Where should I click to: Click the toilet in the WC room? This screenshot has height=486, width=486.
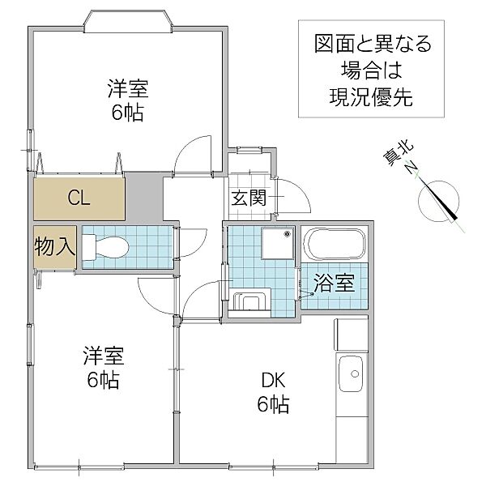click(105, 247)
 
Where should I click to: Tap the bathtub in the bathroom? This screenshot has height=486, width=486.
click(334, 245)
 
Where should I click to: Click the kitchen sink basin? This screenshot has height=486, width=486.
click(350, 373)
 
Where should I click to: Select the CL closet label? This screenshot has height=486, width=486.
click(79, 198)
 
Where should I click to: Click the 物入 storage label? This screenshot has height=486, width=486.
click(55, 246)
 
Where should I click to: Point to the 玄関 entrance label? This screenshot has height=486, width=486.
click(249, 198)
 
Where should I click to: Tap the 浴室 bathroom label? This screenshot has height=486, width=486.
click(334, 283)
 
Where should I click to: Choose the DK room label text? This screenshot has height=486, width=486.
click(273, 381)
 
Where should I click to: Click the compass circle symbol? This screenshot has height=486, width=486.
click(438, 202)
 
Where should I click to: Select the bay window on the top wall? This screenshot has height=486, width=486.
click(128, 21)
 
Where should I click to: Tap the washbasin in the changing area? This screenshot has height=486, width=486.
click(251, 301)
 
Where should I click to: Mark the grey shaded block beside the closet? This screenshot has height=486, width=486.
click(144, 197)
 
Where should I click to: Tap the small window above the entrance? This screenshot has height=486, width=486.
click(249, 150)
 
